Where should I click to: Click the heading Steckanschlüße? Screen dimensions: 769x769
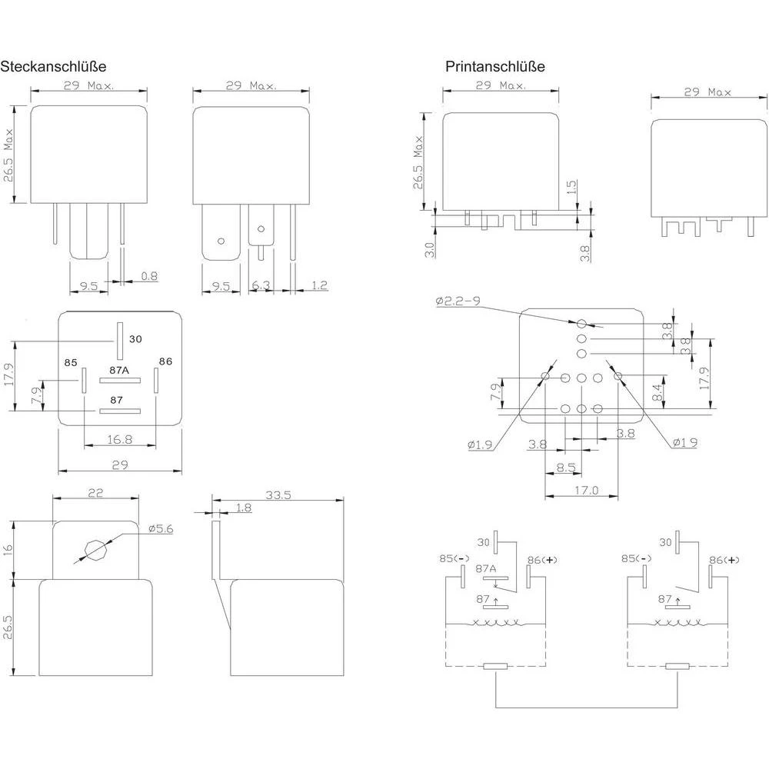[53, 67]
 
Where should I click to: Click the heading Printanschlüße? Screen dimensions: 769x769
[495, 67]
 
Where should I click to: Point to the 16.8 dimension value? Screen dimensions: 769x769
[119, 439]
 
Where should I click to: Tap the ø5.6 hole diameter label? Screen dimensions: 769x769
[161, 528]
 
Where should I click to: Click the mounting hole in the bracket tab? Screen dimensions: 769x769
[96, 549]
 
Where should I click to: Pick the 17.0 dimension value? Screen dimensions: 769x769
[584, 490]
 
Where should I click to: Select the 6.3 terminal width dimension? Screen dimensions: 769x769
[261, 286]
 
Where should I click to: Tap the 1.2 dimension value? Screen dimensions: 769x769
[320, 286]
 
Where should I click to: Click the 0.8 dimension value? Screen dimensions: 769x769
[149, 276]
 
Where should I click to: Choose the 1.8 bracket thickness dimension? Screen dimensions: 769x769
[244, 508]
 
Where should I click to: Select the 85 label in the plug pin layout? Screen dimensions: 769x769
[71, 361]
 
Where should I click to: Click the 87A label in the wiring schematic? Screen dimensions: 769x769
[486, 568]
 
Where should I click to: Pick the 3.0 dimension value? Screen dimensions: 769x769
[429, 250]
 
